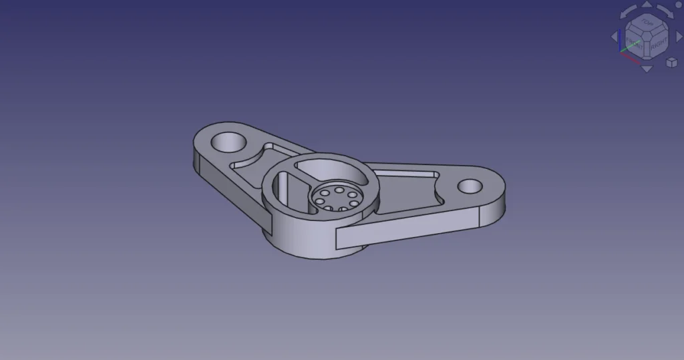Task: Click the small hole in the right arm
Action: pyautogui.click(x=470, y=186)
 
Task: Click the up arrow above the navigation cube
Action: pyautogui.click(x=647, y=5)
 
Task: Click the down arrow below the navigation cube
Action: pyautogui.click(x=647, y=69)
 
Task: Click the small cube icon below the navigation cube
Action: pyautogui.click(x=671, y=62)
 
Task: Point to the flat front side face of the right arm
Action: pyautogui.click(x=407, y=227)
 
